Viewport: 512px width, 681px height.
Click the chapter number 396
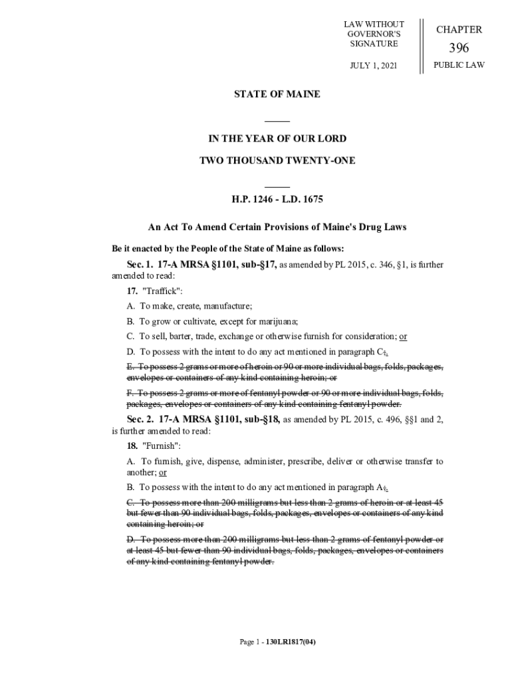459,48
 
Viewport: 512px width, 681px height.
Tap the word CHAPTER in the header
459,30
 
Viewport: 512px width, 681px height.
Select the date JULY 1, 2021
374,65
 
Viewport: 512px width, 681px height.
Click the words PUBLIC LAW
459,65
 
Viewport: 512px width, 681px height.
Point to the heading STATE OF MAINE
277,94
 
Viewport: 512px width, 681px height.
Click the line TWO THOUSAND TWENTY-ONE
277,160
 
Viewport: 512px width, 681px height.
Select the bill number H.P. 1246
254,199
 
